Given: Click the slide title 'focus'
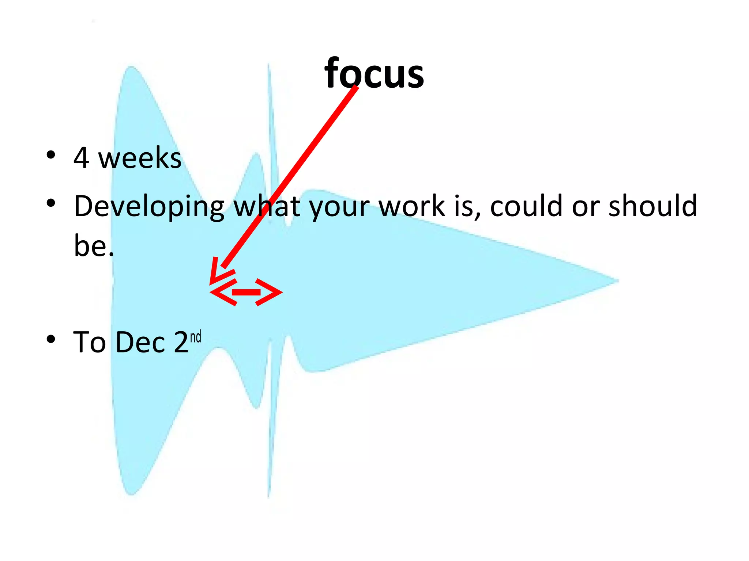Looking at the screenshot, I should pos(374,74).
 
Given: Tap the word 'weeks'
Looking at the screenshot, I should pos(140,159).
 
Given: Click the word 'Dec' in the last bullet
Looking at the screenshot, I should pos(140,343).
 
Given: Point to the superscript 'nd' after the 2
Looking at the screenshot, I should pos(196,336).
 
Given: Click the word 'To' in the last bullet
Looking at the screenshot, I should pos(90,343).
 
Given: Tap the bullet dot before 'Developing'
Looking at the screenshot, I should pos(51,203).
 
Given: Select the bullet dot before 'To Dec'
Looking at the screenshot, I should pos(51,339).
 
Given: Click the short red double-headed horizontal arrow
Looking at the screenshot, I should pos(246,292).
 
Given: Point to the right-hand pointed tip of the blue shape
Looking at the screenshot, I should pos(616,281).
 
